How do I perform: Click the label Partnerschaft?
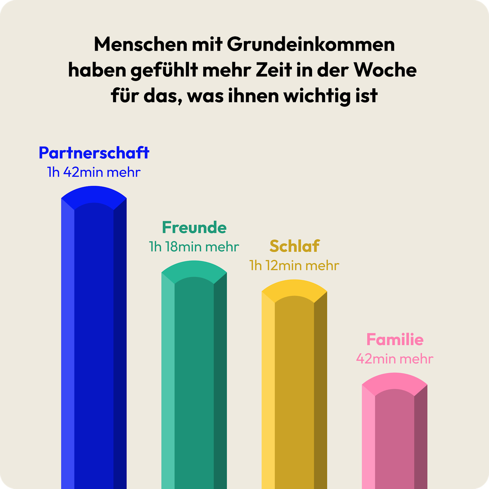tap(94, 153)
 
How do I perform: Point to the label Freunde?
tap(194, 228)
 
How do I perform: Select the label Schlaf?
tap(294, 246)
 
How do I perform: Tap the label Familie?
tap(395, 340)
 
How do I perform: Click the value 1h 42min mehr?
tap(94, 172)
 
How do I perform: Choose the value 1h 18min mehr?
tap(194, 247)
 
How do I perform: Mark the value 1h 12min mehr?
tap(294, 266)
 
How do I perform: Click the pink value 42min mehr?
tap(395, 359)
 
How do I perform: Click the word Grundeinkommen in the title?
tap(311, 45)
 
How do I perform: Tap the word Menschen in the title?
tap(140, 45)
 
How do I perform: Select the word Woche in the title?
tap(385, 70)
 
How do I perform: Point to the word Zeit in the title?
tap(274, 70)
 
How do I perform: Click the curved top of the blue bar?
tap(94, 194)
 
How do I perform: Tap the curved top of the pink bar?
tap(395, 381)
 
